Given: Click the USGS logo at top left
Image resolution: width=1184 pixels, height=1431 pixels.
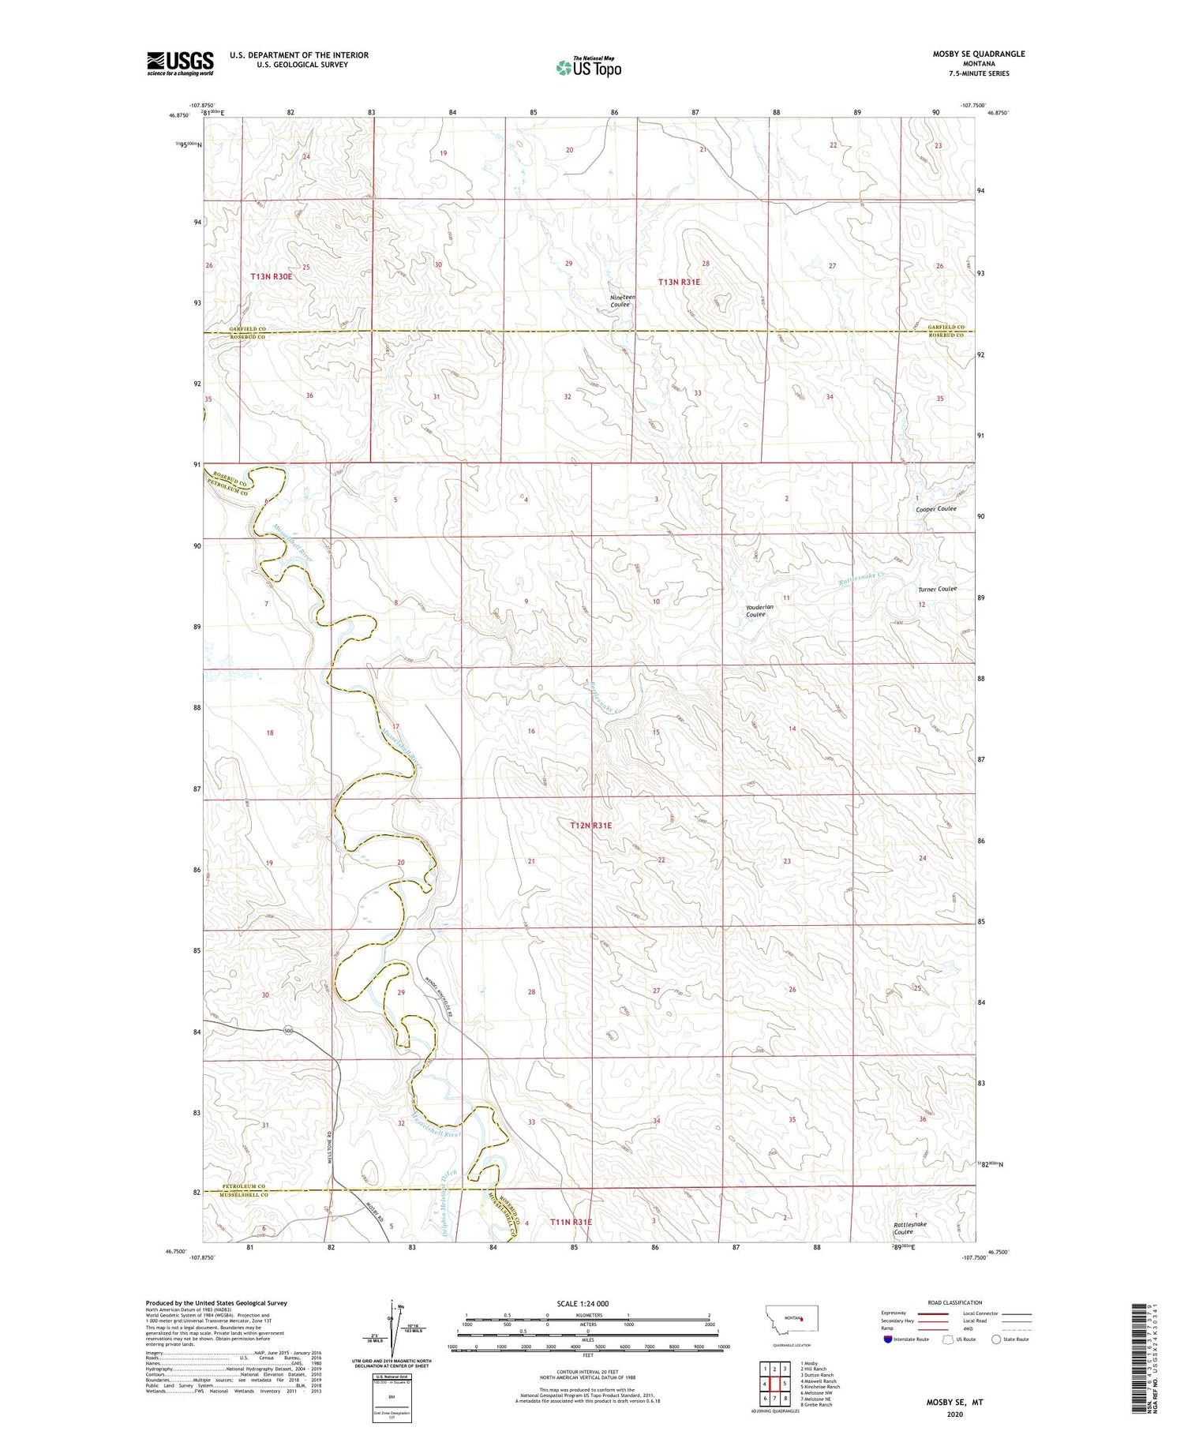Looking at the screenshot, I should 180,63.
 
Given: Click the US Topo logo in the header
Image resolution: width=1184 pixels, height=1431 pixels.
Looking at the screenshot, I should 588,68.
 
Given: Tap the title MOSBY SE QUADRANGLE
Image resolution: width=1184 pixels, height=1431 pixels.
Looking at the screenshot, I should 979,54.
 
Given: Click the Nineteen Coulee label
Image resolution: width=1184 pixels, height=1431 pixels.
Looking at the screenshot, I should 622,301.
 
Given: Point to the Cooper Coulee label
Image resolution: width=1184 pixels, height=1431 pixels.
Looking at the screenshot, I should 936,509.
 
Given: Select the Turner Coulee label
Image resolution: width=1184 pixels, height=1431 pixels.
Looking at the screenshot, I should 937,589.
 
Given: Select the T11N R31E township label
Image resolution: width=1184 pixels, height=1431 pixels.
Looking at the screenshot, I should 571,1222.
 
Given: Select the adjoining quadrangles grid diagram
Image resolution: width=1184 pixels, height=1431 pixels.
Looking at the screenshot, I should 776,1382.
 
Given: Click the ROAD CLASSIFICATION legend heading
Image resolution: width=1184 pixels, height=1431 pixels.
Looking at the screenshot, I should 955,1302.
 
